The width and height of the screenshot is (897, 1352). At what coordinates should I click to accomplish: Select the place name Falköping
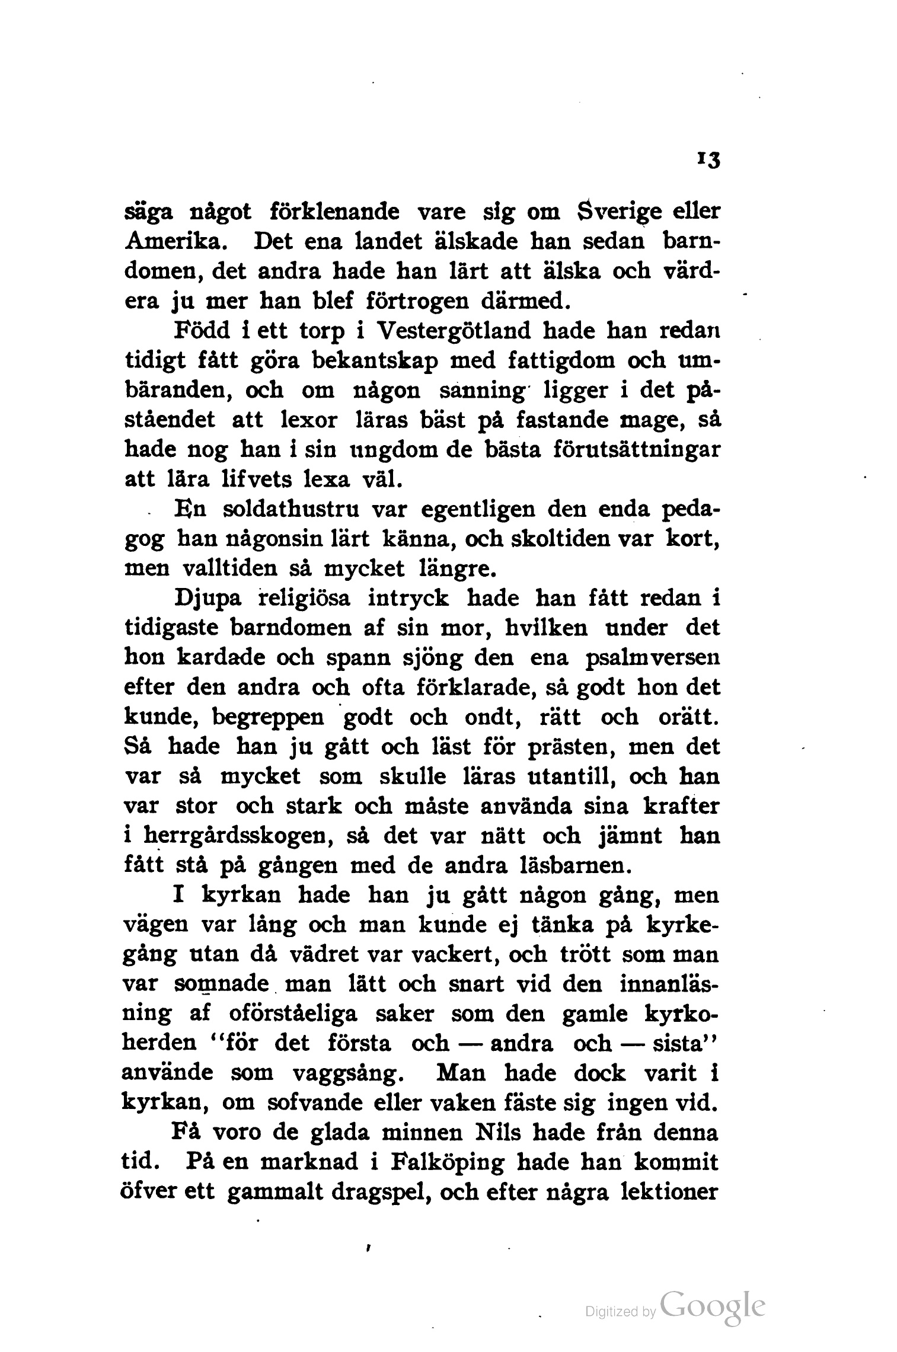tap(448, 1162)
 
